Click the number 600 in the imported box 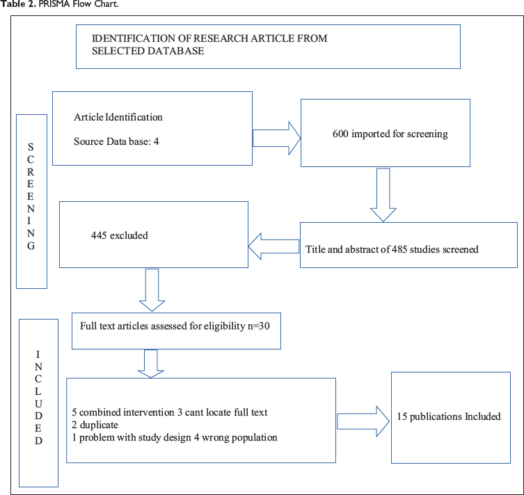click(x=340, y=134)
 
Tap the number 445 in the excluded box click(x=99, y=235)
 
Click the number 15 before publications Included click(x=402, y=416)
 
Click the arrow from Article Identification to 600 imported click(x=277, y=138)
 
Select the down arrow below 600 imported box click(x=383, y=195)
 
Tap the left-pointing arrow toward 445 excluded click(x=273, y=246)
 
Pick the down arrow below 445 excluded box click(x=152, y=290)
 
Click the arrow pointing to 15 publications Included click(x=363, y=421)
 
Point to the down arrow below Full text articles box click(x=151, y=363)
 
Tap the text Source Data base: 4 click(x=116, y=141)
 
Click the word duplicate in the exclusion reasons click(x=99, y=425)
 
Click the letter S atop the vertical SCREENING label click(x=31, y=147)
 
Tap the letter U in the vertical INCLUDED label click(x=38, y=404)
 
